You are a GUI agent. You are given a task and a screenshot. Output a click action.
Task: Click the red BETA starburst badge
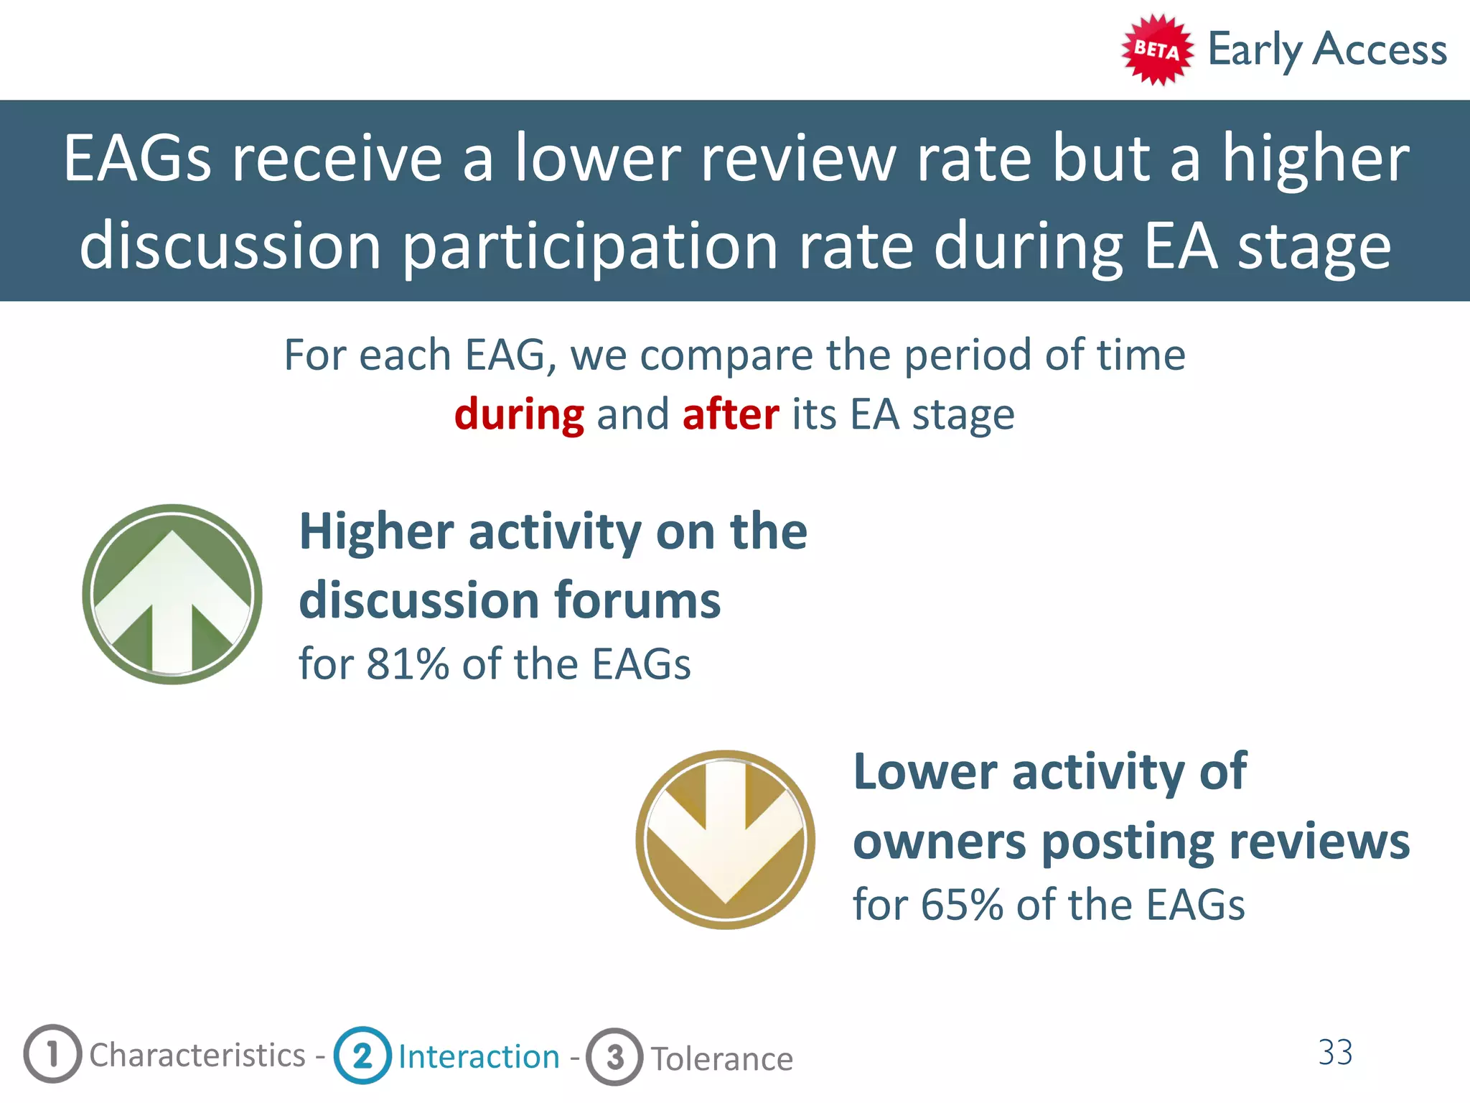1157,50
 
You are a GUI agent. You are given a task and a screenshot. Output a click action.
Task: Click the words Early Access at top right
1327,50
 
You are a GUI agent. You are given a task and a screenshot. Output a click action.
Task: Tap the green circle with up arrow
172,594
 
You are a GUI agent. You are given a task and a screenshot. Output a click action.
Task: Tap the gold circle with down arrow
725,839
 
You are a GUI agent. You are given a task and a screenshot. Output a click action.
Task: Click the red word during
519,414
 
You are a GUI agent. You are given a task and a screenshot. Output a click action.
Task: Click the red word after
731,414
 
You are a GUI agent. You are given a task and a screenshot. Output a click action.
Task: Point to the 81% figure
407,664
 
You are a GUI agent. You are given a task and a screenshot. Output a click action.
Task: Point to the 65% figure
961,904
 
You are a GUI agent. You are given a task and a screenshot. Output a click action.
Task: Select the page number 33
1335,1053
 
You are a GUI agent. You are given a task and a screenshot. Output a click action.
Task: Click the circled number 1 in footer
52,1054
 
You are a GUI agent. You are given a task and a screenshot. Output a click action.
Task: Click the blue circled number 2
362,1056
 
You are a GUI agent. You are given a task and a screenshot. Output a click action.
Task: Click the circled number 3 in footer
614,1057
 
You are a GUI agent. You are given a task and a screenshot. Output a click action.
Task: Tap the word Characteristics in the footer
197,1056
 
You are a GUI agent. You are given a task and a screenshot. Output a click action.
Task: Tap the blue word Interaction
479,1057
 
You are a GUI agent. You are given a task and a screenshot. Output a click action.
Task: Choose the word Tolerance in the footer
721,1059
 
